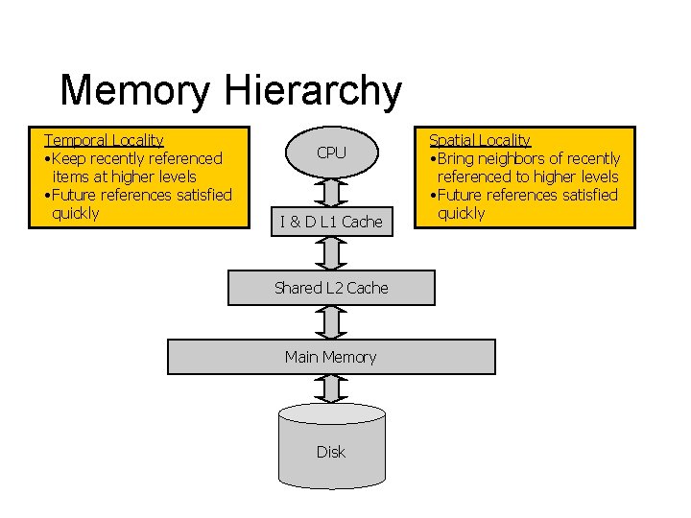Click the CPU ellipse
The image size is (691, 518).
[331, 153]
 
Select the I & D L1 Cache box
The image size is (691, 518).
[331, 222]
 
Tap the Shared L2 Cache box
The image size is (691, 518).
[331, 288]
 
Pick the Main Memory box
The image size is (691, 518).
[331, 357]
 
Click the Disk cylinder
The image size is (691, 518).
[331, 447]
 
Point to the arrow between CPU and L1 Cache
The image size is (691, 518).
[331, 192]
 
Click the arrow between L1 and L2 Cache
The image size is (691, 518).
[331, 254]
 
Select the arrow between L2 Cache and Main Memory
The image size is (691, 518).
[331, 322]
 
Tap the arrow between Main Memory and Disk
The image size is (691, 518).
[331, 388]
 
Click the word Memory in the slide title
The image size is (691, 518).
[134, 91]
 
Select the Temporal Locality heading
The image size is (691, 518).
[104, 140]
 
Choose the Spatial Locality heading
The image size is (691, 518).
[480, 140]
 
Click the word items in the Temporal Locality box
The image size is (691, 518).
[71, 177]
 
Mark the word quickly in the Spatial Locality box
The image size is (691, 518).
[462, 213]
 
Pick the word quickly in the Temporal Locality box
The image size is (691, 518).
[76, 213]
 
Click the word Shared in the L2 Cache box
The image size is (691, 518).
[298, 288]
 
